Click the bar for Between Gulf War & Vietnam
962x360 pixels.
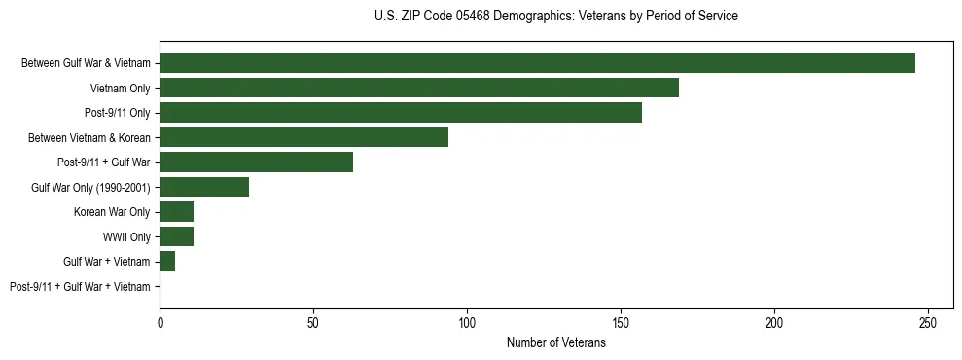pos(537,63)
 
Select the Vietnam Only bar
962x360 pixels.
pos(419,88)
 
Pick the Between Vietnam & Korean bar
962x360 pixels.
pos(303,137)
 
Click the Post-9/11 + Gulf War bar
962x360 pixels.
pos(256,162)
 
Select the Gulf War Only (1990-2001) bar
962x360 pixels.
pos(204,187)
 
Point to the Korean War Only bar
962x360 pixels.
pos(176,211)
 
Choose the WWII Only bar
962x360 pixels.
pos(176,236)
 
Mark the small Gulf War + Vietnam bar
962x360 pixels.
pos(167,261)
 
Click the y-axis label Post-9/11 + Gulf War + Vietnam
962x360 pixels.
pos(80,286)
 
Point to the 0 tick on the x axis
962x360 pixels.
pos(160,321)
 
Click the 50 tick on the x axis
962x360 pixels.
pos(313,321)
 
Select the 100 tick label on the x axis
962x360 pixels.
pos(467,321)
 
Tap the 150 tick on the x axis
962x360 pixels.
pos(621,321)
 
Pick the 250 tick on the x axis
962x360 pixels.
pos(928,321)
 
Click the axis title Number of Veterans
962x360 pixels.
pos(555,342)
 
